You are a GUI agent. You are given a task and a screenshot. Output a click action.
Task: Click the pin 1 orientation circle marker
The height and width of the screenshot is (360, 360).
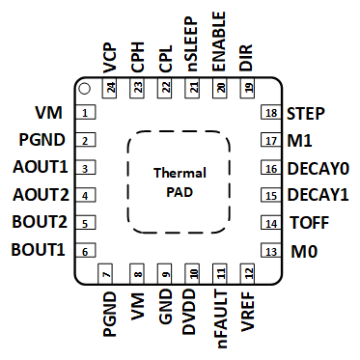pos(84,90)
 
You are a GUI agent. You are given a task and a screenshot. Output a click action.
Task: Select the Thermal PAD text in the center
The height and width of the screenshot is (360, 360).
pos(180,181)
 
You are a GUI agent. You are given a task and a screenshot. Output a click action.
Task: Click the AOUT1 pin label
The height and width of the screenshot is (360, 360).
pos(41,168)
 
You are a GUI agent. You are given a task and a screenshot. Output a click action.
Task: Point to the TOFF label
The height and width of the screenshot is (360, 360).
pos(310,224)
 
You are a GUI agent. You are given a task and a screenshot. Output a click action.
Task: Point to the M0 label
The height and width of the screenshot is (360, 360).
pos(305,252)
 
